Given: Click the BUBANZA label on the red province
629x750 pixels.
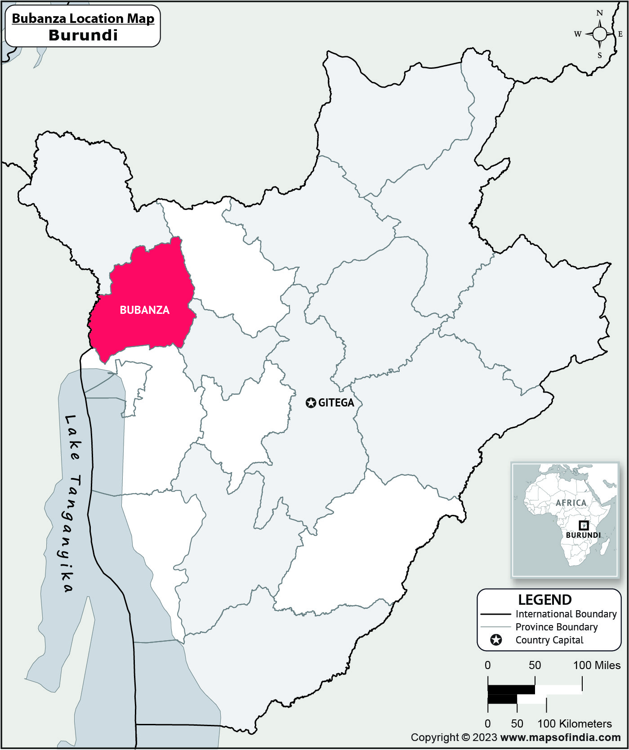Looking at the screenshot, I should tap(144, 310).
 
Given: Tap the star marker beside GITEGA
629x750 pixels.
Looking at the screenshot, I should tap(311, 403).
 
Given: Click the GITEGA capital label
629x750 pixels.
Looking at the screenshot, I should tap(336, 403).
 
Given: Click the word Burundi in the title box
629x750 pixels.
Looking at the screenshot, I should tap(83, 35).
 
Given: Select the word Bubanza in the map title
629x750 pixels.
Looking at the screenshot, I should tap(36, 18).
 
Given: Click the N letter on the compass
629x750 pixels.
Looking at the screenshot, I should tap(599, 13).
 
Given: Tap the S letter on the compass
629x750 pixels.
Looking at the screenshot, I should tap(599, 56).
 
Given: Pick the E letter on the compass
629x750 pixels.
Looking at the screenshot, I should tap(620, 34).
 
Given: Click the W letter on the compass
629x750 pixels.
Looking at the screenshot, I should tap(578, 34).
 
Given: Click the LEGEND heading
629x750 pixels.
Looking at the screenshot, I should tap(544, 600).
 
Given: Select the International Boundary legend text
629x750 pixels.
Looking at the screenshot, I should tap(566, 614).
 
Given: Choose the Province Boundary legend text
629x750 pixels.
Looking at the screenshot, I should tap(556, 627).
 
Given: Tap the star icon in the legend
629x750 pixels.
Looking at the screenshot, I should tap(496, 640).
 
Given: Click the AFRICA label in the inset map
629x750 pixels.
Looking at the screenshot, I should tap(571, 503).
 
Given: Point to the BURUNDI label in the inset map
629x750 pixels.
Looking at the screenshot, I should tap(583, 535).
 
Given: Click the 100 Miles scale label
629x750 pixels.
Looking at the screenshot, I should tap(597, 665).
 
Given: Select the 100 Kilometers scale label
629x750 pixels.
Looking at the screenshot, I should tap(575, 723).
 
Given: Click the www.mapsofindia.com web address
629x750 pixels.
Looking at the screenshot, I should tap(560, 737).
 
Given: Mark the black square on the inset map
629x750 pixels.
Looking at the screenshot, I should tap(583, 525).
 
